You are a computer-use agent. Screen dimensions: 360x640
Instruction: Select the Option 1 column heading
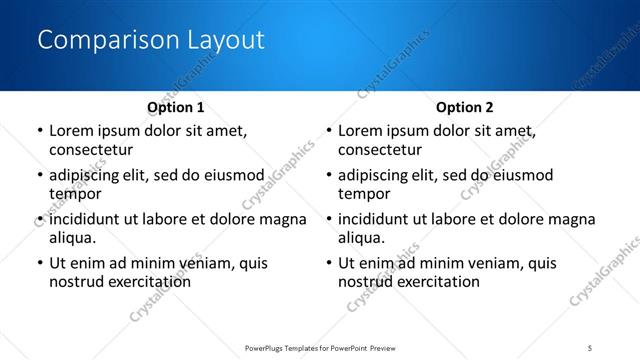coord(176,107)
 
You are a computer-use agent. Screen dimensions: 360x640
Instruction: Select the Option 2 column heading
coord(465,107)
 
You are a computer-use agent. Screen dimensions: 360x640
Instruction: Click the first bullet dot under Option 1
coord(39,131)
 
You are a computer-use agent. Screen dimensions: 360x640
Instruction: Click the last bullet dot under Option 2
coord(328,263)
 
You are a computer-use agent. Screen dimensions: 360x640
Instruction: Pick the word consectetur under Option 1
coord(91,150)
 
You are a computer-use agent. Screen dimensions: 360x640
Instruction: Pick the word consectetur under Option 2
coord(380,150)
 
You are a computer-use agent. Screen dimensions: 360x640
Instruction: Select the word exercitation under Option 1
coord(146,282)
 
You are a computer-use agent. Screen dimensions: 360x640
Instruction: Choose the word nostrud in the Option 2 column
coord(365,282)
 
